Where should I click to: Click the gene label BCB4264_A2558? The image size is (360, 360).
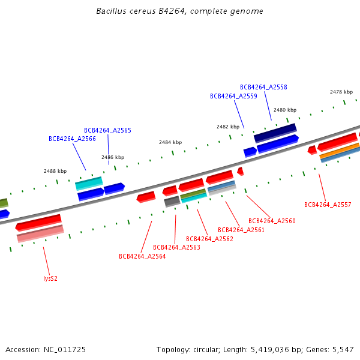click(263, 87)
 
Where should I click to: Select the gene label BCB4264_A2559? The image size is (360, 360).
click(233, 96)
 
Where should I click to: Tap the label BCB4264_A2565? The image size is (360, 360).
click(107, 130)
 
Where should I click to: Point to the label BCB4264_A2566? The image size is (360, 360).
click(72, 139)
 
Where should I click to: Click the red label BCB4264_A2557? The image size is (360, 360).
click(328, 205)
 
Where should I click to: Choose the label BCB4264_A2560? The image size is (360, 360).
click(272, 221)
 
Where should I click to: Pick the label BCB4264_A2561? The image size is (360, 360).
click(241, 230)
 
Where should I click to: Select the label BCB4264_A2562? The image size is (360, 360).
click(209, 239)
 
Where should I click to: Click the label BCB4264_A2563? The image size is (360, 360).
click(176, 247)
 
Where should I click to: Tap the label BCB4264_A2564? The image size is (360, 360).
click(142, 256)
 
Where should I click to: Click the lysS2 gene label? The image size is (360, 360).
click(50, 278)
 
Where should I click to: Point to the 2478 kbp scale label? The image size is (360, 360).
click(341, 92)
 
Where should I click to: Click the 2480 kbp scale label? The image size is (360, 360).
click(285, 110)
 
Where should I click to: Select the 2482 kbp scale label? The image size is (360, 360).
click(228, 127)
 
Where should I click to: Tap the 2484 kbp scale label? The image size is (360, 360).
click(170, 142)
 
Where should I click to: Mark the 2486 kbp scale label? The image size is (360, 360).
click(113, 157)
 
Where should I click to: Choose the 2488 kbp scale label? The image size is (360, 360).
click(55, 171)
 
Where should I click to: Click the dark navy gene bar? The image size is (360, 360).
click(275, 132)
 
